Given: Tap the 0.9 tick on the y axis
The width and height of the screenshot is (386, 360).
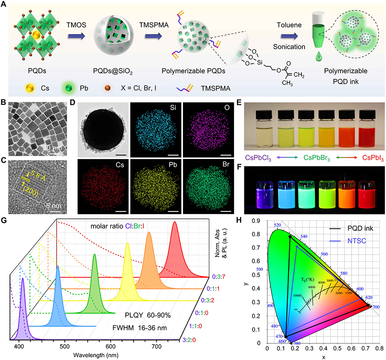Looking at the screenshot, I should [260, 221].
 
